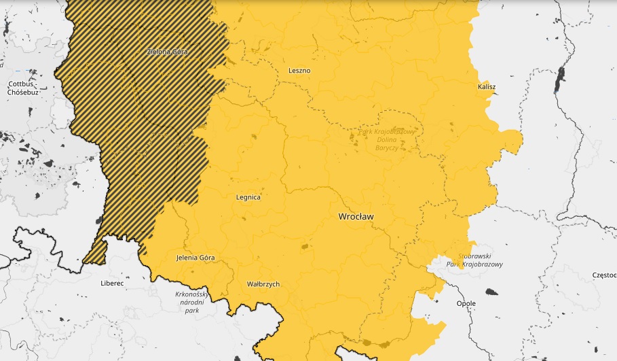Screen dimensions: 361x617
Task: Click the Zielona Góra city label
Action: [x=168, y=52]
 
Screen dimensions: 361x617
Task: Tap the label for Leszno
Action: [x=299, y=70]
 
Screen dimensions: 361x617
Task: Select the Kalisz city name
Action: [x=486, y=88]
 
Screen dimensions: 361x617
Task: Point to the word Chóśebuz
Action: [x=22, y=92]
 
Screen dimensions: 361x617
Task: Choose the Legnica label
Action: [x=248, y=197]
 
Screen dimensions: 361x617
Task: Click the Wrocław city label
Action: [x=356, y=216]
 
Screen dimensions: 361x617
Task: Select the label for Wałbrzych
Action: [x=263, y=284]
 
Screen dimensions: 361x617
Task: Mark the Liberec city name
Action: [x=112, y=283]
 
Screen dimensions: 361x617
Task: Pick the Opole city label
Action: [x=466, y=303]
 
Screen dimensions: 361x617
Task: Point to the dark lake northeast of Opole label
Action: [x=491, y=292]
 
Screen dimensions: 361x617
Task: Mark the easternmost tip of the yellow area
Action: [x=523, y=141]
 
